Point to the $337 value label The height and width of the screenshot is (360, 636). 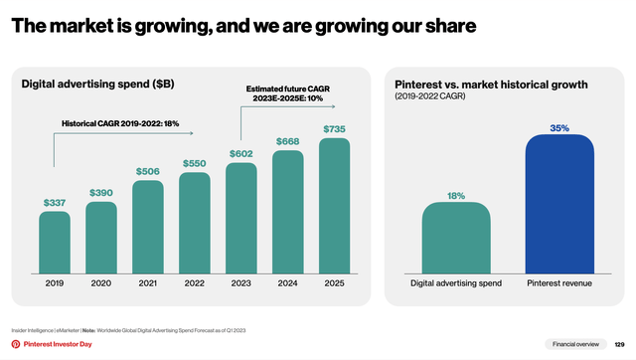55,203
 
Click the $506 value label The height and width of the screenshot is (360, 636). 148,171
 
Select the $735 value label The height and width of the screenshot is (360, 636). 335,129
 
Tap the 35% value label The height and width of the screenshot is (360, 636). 559,128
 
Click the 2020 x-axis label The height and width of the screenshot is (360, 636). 101,283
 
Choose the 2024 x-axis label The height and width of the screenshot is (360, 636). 288,283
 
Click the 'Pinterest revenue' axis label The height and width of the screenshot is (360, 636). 559,283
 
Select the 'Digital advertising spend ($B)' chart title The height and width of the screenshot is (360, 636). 97,85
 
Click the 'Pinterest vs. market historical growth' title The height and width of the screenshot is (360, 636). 490,85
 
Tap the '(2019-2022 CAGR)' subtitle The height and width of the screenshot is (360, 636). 428,98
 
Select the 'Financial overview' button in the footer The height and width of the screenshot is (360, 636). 576,343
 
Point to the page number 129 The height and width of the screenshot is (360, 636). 619,343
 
